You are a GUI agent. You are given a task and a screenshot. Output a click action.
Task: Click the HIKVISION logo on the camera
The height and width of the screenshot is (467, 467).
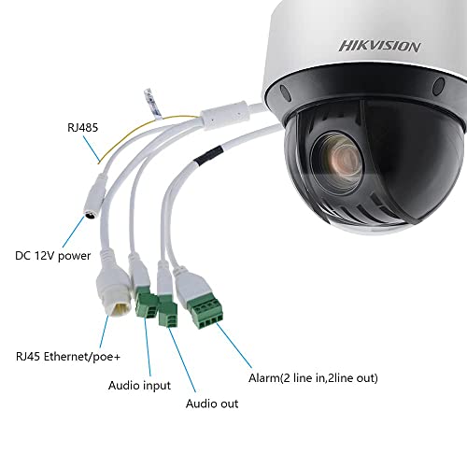click(379, 46)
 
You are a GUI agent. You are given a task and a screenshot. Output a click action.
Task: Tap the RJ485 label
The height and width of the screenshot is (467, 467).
click(82, 128)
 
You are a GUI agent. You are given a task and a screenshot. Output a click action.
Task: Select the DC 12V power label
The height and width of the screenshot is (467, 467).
click(53, 256)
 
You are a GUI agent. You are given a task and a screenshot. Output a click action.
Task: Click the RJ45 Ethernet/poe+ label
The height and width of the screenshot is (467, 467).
click(68, 357)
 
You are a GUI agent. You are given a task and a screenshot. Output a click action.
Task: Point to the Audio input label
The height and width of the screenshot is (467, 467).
click(139, 386)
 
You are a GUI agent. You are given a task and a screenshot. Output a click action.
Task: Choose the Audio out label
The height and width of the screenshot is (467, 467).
click(212, 403)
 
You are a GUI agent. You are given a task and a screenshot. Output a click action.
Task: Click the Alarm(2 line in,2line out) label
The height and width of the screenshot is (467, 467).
click(313, 378)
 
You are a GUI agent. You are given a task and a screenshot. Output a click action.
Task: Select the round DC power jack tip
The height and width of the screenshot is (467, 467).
click(91, 215)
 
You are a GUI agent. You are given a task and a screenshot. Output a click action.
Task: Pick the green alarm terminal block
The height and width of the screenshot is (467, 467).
click(205, 312)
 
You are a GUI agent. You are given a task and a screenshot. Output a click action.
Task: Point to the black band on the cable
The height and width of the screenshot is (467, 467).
click(208, 155)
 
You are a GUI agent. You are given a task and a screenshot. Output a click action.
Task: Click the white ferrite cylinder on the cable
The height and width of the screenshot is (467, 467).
click(225, 115)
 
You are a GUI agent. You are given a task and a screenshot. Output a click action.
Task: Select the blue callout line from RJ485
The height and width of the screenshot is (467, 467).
click(92, 149)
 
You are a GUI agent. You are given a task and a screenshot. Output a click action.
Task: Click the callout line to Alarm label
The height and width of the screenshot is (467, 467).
click(233, 346)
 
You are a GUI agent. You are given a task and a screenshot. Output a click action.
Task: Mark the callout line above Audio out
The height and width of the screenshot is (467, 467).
click(182, 360)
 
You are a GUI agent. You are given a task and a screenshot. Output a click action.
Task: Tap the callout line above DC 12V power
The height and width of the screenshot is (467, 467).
click(74, 232)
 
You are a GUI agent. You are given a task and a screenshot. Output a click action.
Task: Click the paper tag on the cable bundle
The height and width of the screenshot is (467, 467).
click(153, 104)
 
